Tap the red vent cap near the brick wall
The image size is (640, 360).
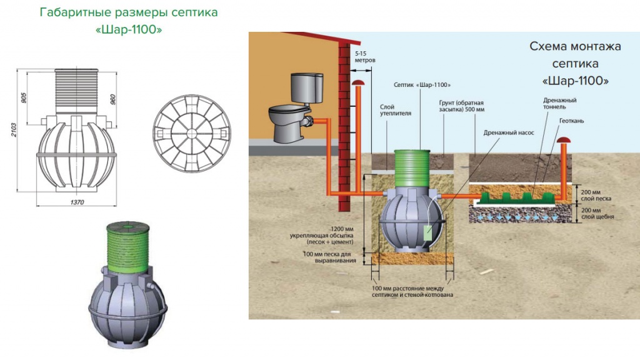point(358,82)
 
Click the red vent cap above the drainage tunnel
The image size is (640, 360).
point(564,141)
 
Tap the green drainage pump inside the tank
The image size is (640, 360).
point(429,233)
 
